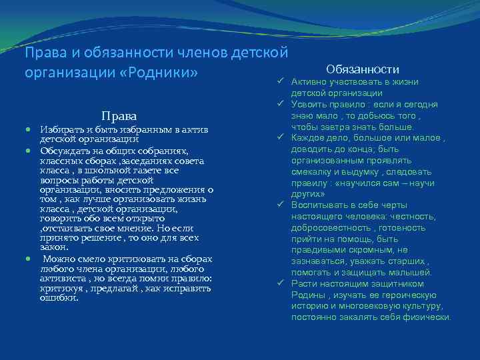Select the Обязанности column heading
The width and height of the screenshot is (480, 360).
click(x=363, y=69)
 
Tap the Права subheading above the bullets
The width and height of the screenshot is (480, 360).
click(x=119, y=115)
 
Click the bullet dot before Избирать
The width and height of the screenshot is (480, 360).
click(x=29, y=129)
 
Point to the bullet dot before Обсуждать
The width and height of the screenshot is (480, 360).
click(x=29, y=151)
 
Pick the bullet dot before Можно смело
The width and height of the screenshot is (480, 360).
click(x=29, y=259)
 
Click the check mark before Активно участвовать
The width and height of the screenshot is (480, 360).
click(x=281, y=81)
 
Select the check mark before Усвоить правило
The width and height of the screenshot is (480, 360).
click(x=281, y=104)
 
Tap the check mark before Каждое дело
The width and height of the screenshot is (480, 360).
click(x=281, y=138)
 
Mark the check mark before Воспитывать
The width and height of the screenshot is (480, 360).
click(x=281, y=205)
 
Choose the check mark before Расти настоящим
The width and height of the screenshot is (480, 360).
click(x=281, y=284)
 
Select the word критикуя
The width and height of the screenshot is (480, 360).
click(x=62, y=289)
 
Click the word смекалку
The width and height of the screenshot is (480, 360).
click(x=315, y=172)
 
